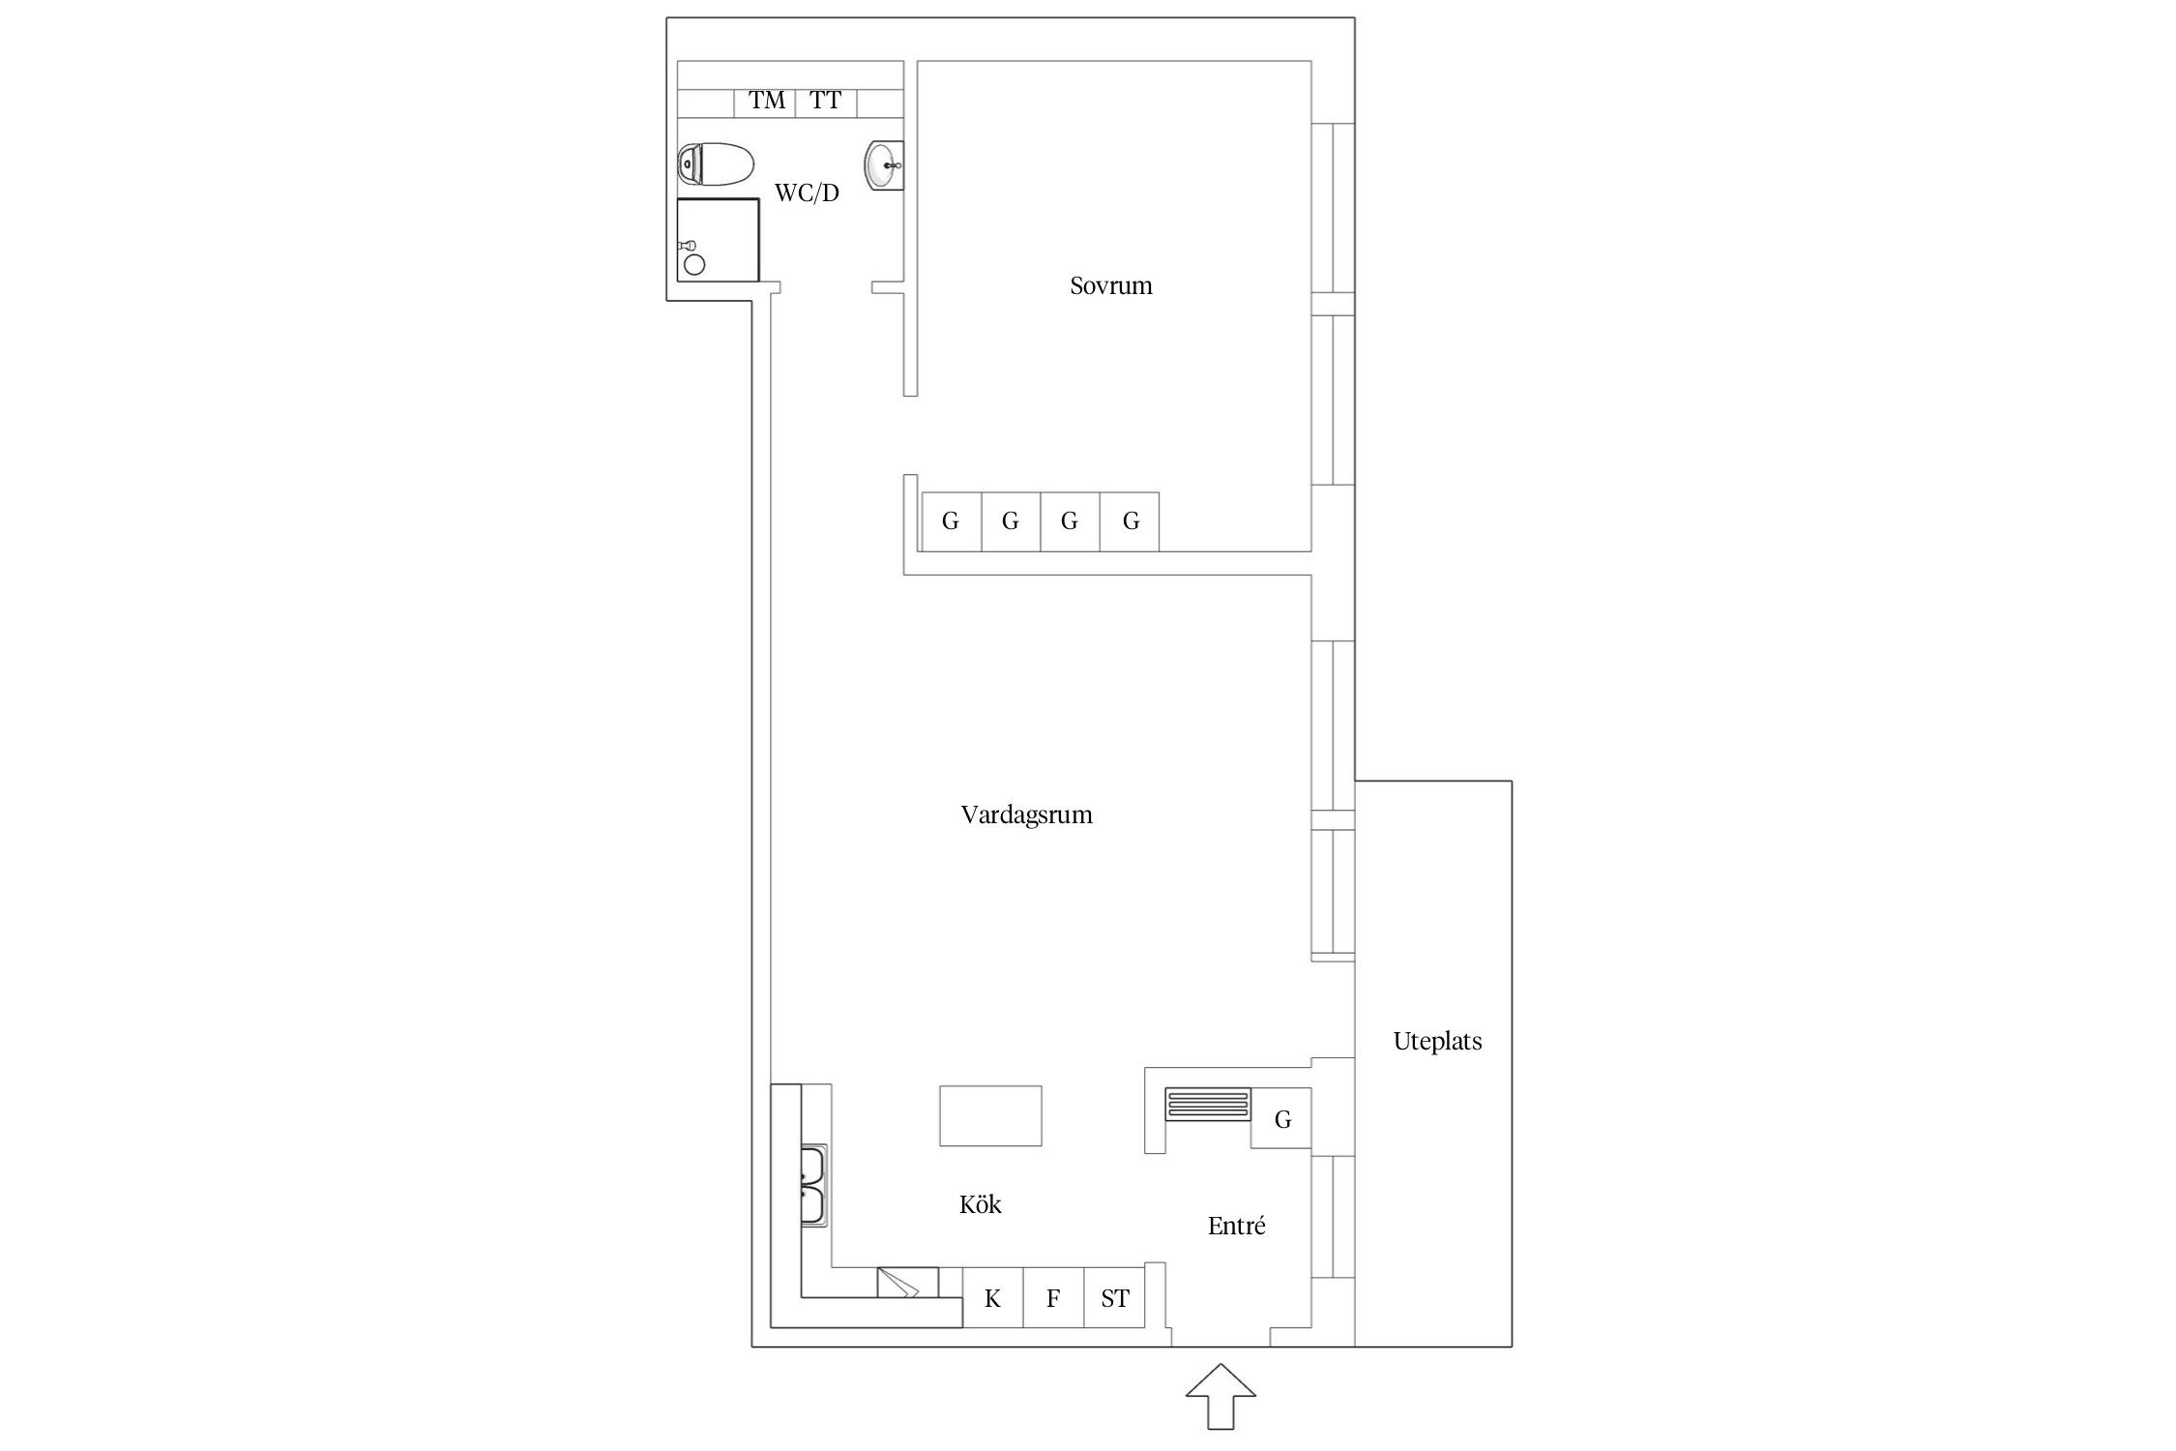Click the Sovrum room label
click(1110, 285)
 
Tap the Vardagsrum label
click(1026, 814)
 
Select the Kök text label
click(980, 1204)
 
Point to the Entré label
click(1236, 1226)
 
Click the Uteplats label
click(1437, 1041)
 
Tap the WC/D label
click(807, 192)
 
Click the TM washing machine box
click(765, 102)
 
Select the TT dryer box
click(826, 102)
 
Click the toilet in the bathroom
click(716, 164)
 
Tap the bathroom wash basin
click(884, 165)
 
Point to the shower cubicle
click(718, 240)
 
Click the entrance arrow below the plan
click(1220, 1396)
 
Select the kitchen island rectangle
click(990, 1115)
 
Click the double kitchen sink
click(813, 1186)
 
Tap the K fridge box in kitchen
click(993, 1297)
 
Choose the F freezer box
click(1054, 1297)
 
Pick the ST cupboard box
click(1115, 1297)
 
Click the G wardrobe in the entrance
click(1281, 1118)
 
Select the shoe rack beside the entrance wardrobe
click(1208, 1104)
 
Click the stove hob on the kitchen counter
click(907, 1283)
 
